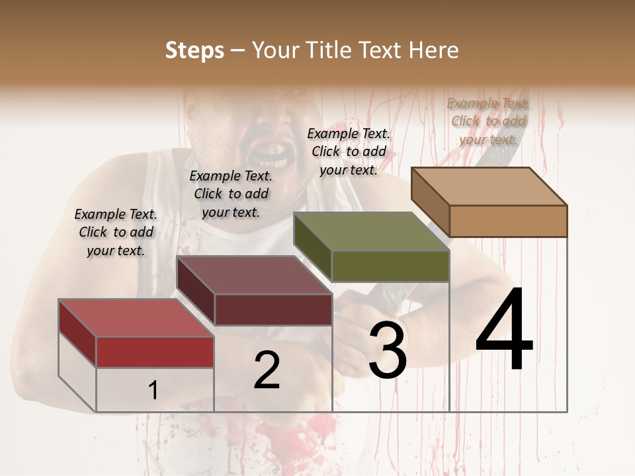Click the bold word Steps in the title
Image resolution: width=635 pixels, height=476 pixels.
194,50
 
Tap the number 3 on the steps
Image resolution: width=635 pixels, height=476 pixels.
387,351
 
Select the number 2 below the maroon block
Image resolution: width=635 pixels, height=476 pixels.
267,370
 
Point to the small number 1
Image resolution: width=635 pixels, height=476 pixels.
153,391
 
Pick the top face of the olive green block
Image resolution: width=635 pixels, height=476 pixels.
371,231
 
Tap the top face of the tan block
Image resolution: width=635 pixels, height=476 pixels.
489,186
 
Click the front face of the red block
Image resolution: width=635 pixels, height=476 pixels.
155,352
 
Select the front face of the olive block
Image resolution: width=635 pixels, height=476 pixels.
390,266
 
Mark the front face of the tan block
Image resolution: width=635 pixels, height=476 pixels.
508,221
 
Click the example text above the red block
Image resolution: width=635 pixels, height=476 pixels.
116,232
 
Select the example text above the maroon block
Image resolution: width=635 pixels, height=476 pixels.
231,194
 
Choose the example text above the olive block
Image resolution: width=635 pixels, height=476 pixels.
349,151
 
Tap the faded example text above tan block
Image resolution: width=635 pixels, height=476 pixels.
488,121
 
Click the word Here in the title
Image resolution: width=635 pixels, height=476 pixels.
435,50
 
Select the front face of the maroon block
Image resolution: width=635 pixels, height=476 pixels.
273,309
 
